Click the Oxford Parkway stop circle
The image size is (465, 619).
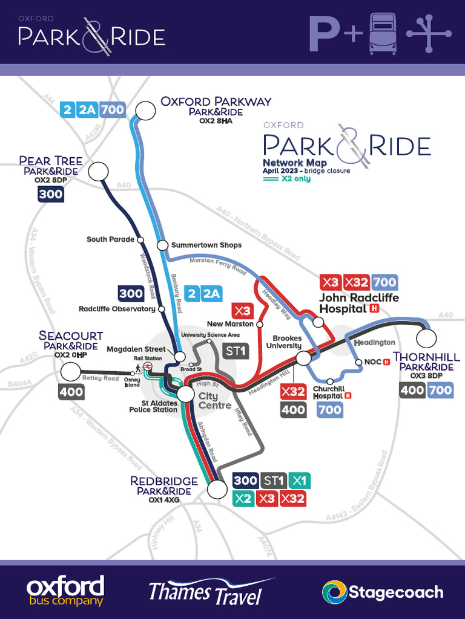click(x=145, y=110)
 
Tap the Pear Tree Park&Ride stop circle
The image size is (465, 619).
click(x=98, y=172)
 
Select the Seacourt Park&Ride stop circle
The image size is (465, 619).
click(x=71, y=372)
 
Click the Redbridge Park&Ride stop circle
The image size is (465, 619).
click(x=216, y=489)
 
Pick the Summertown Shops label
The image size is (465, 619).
click(x=206, y=245)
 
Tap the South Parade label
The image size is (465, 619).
click(x=110, y=239)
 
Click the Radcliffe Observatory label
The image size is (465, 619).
click(x=117, y=309)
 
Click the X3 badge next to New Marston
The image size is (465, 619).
click(x=242, y=311)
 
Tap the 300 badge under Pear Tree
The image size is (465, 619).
click(x=50, y=194)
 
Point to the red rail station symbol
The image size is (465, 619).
click(x=148, y=366)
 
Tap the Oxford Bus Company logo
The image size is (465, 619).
click(x=65, y=591)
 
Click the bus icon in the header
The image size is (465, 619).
click(x=383, y=34)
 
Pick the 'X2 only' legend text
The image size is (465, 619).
click(x=295, y=179)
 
